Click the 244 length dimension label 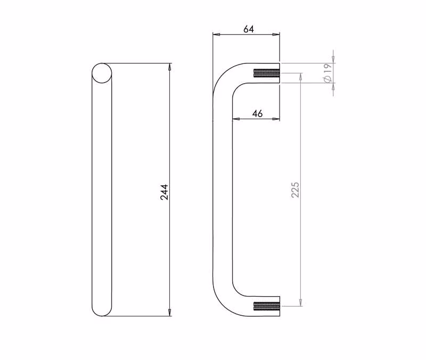click(x=165, y=192)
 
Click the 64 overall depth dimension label click(x=249, y=29)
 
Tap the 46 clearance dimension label click(x=258, y=113)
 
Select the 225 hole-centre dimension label click(x=295, y=190)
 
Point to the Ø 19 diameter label click(x=327, y=73)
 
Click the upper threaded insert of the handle click(x=267, y=73)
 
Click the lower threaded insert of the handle click(x=267, y=306)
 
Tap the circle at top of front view click(x=102, y=73)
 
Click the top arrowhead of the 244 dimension click(x=170, y=67)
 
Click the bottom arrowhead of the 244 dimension click(x=170, y=313)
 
